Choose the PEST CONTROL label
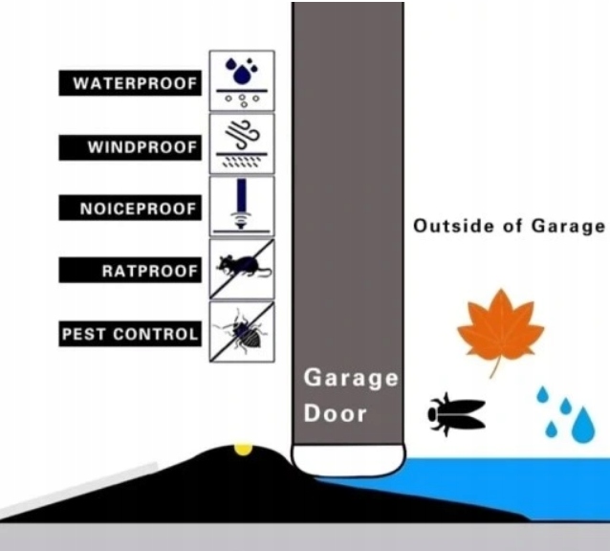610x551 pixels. click(x=131, y=334)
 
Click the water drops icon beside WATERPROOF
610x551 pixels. click(x=242, y=80)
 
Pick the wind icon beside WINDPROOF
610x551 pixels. click(x=242, y=143)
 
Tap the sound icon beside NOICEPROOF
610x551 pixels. click(x=242, y=206)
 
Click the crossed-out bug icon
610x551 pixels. click(x=242, y=332)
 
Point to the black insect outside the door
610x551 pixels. click(x=455, y=413)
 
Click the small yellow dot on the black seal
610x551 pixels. click(x=243, y=449)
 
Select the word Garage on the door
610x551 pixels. click(x=351, y=377)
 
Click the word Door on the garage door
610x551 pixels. click(x=335, y=414)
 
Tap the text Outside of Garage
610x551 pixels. click(x=510, y=226)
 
